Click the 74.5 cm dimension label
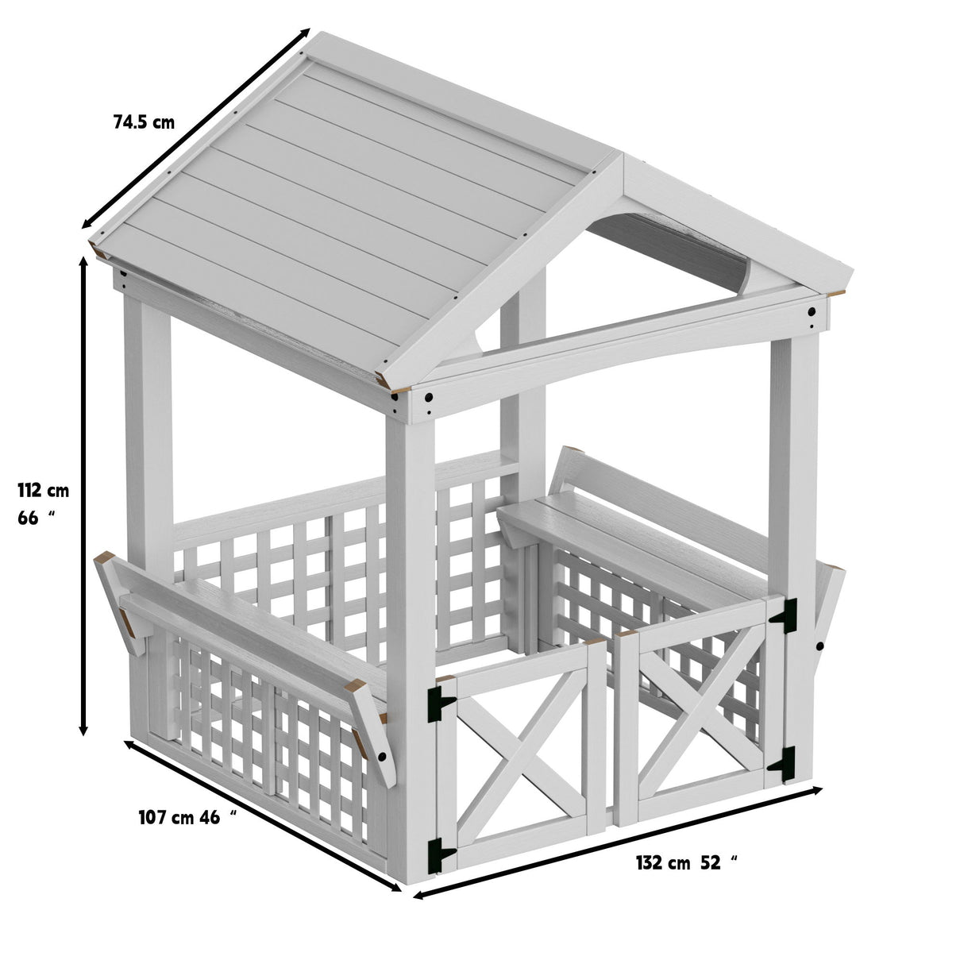(x=144, y=122)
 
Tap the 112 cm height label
(x=44, y=491)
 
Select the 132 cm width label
(x=663, y=863)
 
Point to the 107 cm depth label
(x=166, y=817)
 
